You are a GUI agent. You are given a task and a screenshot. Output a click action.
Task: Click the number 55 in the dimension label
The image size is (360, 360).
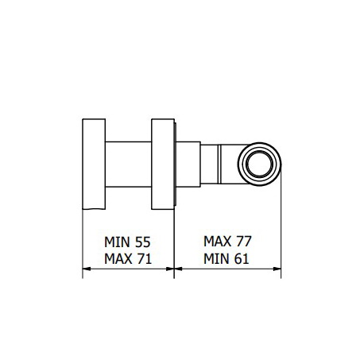(143, 242)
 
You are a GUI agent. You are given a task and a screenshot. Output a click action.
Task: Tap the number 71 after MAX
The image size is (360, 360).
(144, 259)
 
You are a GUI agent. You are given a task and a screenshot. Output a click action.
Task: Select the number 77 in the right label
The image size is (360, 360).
(243, 242)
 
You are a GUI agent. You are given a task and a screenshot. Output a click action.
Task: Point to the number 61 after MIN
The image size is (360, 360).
(242, 259)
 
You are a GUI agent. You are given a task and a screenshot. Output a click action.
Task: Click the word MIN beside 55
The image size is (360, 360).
(118, 242)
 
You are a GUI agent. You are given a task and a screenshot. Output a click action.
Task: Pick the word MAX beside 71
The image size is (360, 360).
(118, 259)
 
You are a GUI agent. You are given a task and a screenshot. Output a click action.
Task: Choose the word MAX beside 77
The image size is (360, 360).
(218, 242)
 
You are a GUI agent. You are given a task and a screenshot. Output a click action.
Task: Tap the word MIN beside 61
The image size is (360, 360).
(217, 259)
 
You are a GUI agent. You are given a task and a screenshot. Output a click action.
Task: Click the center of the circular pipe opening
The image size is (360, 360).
(259, 164)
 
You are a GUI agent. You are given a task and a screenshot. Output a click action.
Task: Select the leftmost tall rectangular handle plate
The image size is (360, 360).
(94, 164)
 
